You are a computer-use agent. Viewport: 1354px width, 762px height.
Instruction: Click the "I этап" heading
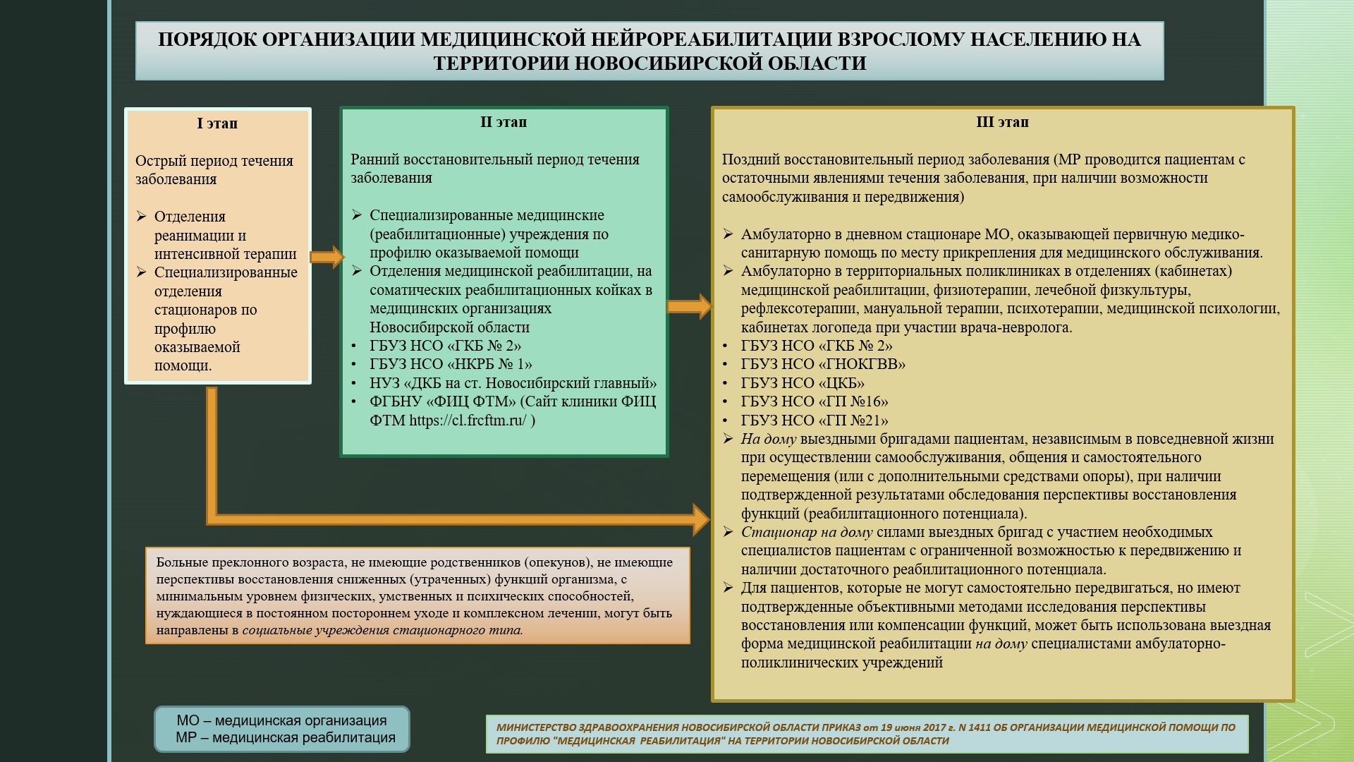click(217, 123)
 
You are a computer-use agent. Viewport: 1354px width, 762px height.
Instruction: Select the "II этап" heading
click(504, 122)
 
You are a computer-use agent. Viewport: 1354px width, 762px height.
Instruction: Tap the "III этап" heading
click(1002, 122)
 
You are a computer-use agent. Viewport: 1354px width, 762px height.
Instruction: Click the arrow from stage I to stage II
click(327, 257)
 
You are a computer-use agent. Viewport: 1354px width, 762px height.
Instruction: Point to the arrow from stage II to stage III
click(689, 307)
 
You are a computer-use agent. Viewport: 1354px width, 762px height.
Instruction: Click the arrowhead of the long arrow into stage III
click(701, 519)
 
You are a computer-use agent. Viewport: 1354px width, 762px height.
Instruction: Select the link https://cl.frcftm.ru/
click(468, 421)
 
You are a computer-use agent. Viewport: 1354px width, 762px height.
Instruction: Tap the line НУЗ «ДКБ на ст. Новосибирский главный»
click(513, 383)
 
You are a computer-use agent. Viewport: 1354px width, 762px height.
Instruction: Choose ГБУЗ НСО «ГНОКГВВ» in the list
click(823, 364)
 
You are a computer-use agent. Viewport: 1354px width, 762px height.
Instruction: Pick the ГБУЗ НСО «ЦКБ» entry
click(803, 383)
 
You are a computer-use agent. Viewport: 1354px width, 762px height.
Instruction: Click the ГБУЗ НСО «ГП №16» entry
click(815, 401)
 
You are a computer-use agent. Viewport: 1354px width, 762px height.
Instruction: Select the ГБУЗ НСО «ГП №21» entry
click(815, 421)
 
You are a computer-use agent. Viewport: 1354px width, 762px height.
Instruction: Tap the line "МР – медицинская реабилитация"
click(286, 738)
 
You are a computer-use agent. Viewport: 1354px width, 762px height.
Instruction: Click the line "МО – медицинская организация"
click(281, 720)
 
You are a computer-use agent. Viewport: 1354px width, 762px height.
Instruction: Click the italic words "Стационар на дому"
click(807, 532)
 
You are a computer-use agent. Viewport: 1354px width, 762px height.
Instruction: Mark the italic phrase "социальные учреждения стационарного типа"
click(382, 630)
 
